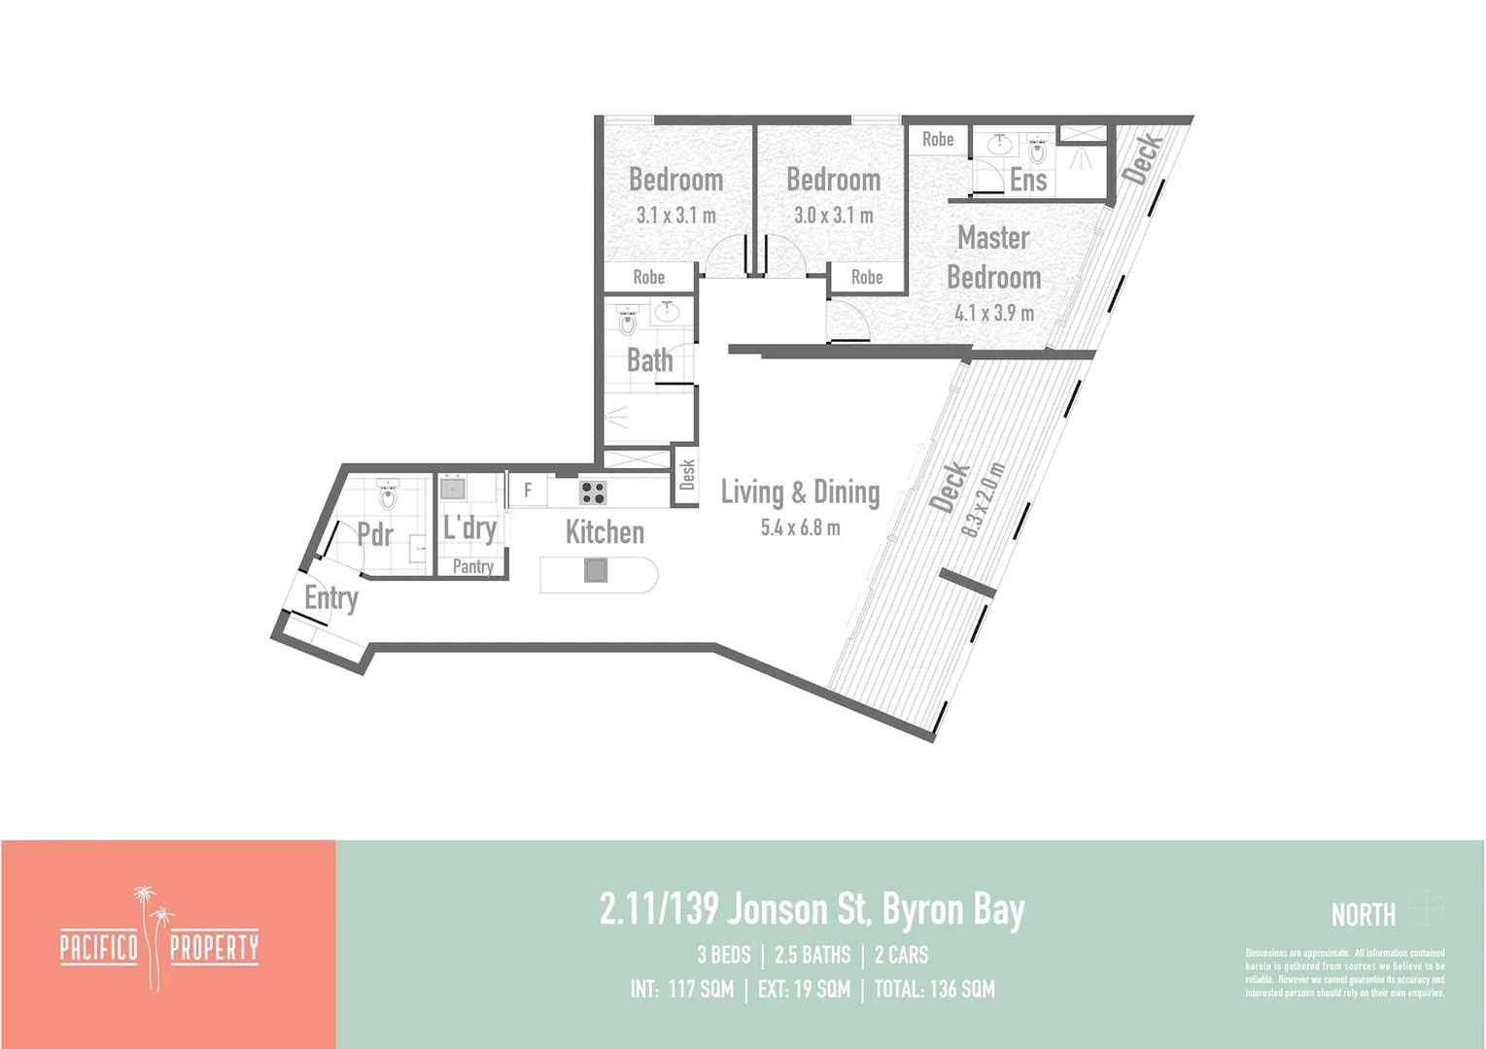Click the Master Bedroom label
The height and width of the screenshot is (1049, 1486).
[x=993, y=257]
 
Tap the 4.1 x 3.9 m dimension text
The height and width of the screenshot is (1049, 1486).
[x=993, y=313]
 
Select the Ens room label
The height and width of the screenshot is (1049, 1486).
[x=1027, y=180]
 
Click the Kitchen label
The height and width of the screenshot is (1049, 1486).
[x=605, y=532]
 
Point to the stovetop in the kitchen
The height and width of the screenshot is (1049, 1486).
[x=593, y=492]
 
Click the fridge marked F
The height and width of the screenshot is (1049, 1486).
[x=528, y=491]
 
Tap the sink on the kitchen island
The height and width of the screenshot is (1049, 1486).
[x=596, y=570]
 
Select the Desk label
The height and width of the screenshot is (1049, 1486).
[x=687, y=475]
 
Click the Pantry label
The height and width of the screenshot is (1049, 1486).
[x=473, y=566]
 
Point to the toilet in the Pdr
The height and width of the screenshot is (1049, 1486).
[x=388, y=497]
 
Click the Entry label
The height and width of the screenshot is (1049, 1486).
[x=331, y=597]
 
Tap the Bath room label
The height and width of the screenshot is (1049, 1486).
[x=649, y=360]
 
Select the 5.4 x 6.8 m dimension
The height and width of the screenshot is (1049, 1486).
[x=800, y=527]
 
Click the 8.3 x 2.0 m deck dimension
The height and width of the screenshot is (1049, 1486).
[x=982, y=500]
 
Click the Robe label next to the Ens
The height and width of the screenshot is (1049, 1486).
[x=938, y=140]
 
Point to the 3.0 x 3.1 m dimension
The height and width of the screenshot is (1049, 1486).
[x=833, y=216]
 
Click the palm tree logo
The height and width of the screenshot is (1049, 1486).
[x=153, y=936]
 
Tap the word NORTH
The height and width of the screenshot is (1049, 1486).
[x=1363, y=914]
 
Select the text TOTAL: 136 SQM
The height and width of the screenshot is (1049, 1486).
[x=934, y=989]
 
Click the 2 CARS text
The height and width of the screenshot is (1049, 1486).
[x=901, y=955]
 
